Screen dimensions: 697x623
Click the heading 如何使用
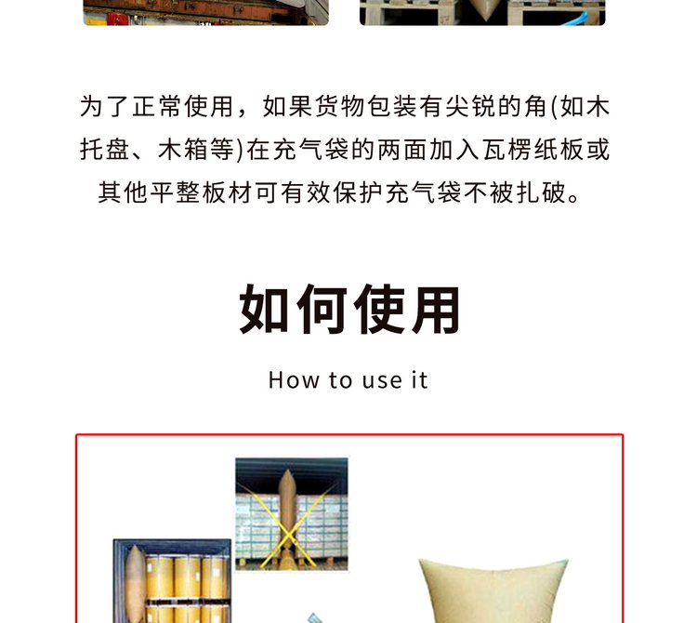pos(349,309)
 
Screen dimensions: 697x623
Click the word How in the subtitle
pos(294,380)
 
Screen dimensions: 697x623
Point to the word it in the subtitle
pos(420,380)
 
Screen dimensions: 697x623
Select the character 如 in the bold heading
pos(265,309)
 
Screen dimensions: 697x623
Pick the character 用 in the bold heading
pos(436,310)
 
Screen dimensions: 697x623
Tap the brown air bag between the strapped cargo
pos(287,518)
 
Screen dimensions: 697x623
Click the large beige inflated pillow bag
pos(494,590)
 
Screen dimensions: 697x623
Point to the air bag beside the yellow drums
pos(134,583)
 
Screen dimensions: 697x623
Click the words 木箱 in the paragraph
pos(184,150)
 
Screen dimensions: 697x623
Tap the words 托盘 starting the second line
pos(105,150)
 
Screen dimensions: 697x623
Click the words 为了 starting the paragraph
pos(105,107)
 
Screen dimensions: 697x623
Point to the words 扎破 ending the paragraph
pos(541,192)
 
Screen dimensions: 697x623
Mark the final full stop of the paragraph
pos(573,198)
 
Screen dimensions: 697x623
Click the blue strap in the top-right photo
pos(576,19)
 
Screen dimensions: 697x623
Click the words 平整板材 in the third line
pos(202,192)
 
